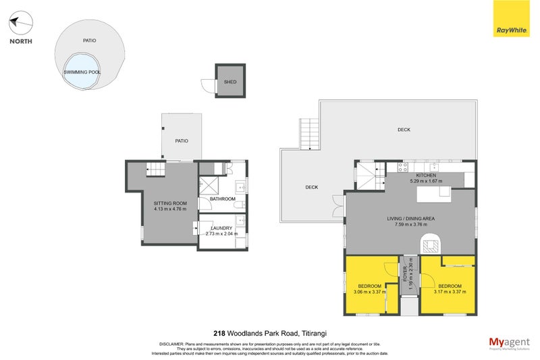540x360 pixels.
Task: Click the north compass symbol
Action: point(20,24)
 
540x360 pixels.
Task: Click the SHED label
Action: point(230,82)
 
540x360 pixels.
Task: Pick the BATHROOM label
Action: point(222,199)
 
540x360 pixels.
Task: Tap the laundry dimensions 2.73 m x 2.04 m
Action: point(222,234)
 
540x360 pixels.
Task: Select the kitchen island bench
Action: point(435,195)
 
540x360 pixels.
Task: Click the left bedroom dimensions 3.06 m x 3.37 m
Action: point(369,292)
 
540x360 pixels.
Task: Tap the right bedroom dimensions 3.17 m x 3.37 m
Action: point(450,292)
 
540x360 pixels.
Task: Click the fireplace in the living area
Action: point(429,243)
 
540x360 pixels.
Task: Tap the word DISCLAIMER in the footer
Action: point(171,343)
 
